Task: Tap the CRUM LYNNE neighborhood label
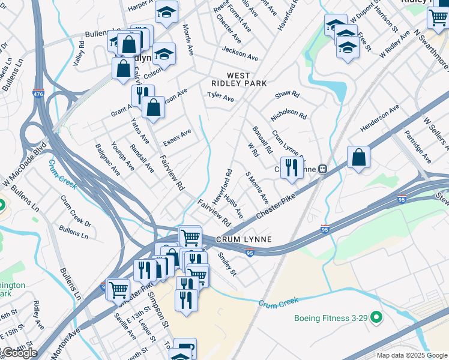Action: (246, 239)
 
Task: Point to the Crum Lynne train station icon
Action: (322, 170)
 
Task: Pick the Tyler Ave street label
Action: (220, 96)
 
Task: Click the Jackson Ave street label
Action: (240, 53)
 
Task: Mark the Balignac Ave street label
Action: (107, 160)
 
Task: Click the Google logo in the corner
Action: (19, 353)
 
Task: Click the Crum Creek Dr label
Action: (76, 209)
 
